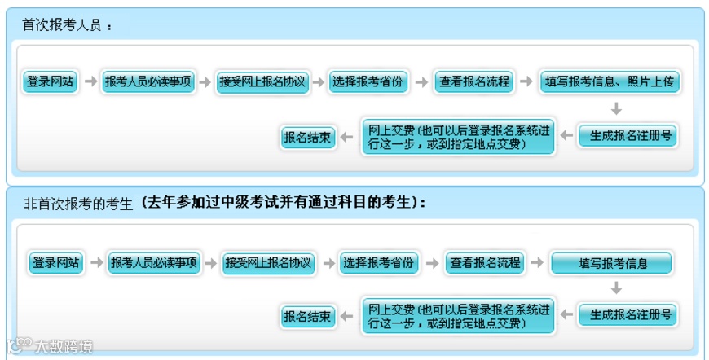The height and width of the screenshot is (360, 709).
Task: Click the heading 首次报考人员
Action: [62, 25]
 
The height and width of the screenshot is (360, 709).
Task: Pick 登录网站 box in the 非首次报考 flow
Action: [56, 263]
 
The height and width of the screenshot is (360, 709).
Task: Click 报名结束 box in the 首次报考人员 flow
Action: [308, 138]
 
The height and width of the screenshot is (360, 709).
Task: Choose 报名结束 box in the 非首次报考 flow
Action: [308, 316]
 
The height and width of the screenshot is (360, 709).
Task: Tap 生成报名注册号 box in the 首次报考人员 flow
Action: [628, 136]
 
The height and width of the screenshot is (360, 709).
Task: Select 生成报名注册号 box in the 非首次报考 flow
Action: [628, 314]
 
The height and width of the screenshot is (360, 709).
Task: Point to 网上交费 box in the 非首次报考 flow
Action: [458, 315]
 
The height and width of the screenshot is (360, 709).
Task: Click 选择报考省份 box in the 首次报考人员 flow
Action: [368, 81]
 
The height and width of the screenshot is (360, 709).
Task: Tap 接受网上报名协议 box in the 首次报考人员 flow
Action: [262, 81]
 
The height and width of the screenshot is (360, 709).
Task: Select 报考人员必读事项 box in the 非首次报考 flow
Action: [154, 263]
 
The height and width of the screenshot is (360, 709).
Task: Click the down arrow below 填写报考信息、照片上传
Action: [616, 109]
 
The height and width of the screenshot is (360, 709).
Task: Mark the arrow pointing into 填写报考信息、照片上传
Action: [526, 81]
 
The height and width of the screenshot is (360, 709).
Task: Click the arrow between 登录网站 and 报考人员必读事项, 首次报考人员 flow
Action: [90, 81]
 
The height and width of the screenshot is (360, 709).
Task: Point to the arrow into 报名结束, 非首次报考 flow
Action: [346, 316]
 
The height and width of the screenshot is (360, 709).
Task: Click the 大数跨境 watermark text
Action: [64, 347]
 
